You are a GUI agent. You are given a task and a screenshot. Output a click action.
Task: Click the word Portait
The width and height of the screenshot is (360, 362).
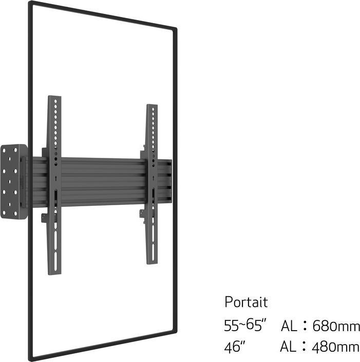[246, 302]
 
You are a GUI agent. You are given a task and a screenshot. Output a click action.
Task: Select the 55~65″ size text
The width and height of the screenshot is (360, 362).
[245, 325]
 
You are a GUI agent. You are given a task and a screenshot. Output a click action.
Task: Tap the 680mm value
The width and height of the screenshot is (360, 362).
[336, 326]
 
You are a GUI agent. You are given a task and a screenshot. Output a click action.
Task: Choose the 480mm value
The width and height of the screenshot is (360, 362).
[336, 347]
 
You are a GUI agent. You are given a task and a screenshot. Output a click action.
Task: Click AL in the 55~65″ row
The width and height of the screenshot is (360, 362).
[289, 326]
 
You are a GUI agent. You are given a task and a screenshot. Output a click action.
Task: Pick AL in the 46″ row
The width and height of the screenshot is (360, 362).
[289, 347]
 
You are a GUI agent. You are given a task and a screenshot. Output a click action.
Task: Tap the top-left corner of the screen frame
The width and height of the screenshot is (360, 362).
[31, 4]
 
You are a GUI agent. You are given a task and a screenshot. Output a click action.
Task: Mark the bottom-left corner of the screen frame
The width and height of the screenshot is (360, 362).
[32, 357]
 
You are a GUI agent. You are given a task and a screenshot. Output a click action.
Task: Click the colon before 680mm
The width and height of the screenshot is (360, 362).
[305, 326]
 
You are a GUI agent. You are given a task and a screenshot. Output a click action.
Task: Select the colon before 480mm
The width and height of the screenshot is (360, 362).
[305, 347]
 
